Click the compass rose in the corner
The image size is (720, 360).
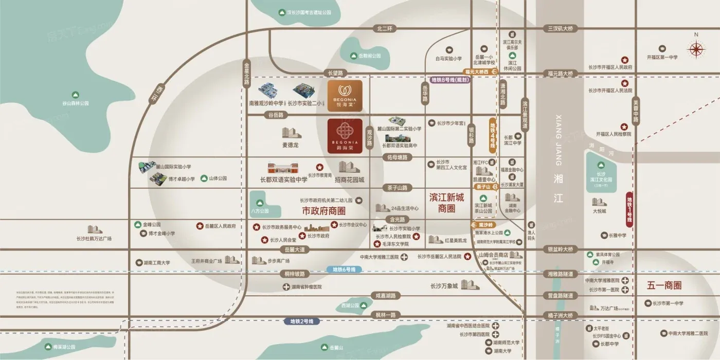pyautogui.click(x=696, y=49)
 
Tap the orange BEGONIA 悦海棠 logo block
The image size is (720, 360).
pyautogui.click(x=345, y=96)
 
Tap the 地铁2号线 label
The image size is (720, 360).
pyautogui.click(x=302, y=321)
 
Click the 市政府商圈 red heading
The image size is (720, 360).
pyautogui.click(x=323, y=211)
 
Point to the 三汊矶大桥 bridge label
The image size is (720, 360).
pyautogui.click(x=560, y=28)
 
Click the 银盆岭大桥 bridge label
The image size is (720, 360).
pyautogui.click(x=560, y=249)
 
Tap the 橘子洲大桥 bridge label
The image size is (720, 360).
pyautogui.click(x=560, y=315)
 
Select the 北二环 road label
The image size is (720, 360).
pyautogui.click(x=384, y=28)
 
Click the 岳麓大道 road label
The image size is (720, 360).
pyautogui.click(x=295, y=249)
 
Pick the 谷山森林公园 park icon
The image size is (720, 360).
pyautogui.click(x=76, y=95)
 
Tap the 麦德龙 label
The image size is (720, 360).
pyautogui.click(x=290, y=145)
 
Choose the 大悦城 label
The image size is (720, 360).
pyautogui.click(x=599, y=211)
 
